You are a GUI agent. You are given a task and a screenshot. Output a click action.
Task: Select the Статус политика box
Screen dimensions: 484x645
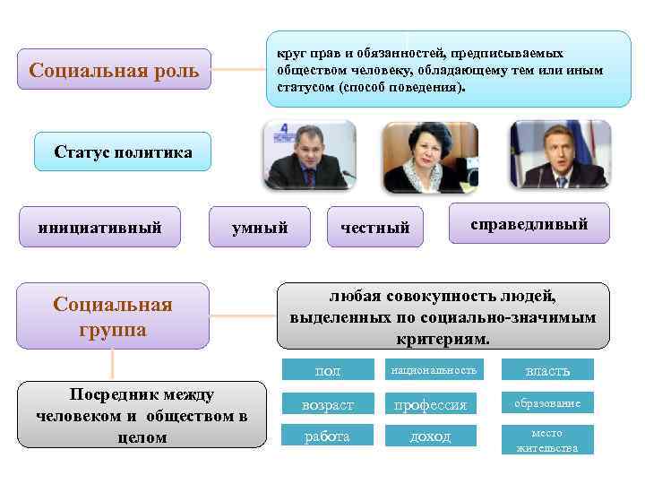pyautogui.click(x=123, y=152)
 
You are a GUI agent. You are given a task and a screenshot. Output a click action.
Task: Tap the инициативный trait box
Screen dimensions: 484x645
pyautogui.click(x=99, y=228)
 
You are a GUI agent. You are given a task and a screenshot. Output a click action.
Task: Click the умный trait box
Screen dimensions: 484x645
pyautogui.click(x=260, y=228)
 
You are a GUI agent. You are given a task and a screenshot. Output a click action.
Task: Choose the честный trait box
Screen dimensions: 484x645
pyautogui.click(x=374, y=228)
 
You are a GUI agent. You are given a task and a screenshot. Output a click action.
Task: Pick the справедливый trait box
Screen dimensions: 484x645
pyautogui.click(x=529, y=223)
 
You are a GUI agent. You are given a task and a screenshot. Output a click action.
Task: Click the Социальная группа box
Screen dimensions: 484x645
pyautogui.click(x=113, y=316)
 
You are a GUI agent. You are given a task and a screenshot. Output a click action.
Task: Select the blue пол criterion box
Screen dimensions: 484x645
pyautogui.click(x=327, y=370)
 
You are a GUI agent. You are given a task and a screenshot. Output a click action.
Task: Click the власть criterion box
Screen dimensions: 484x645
pyautogui.click(x=547, y=370)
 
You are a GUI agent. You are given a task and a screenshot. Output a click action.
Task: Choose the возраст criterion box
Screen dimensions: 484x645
pyautogui.click(x=327, y=404)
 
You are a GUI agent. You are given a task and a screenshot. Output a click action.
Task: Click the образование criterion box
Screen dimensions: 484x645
pyautogui.click(x=547, y=403)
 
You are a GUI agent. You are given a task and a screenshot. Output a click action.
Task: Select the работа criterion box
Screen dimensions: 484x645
pyautogui.click(x=327, y=436)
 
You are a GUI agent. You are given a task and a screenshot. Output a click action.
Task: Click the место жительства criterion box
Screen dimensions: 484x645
pyautogui.click(x=547, y=440)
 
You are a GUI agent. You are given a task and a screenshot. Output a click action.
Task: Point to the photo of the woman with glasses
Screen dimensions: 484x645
pyautogui.click(x=431, y=158)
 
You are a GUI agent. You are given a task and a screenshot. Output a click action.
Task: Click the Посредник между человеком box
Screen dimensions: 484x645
pyautogui.click(x=142, y=415)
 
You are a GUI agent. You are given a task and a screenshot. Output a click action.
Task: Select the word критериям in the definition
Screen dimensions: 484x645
pyautogui.click(x=443, y=340)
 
